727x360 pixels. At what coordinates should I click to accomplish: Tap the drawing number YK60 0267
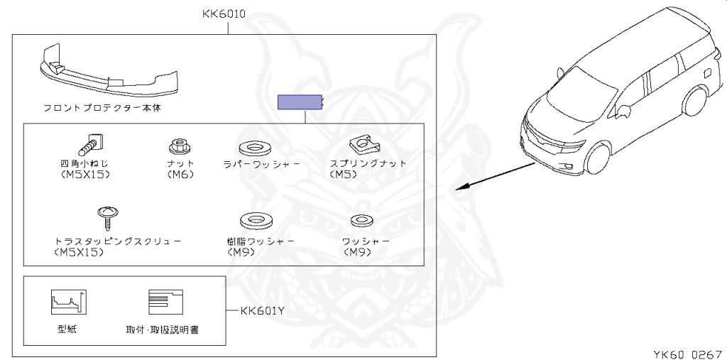point(687,353)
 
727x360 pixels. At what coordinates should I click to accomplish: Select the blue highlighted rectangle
point(300,103)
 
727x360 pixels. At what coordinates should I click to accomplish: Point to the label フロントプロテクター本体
point(106,109)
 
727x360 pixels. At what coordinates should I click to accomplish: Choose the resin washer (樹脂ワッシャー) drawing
point(253,220)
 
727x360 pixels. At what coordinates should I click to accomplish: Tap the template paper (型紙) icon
point(68,302)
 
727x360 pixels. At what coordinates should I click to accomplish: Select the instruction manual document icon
point(165,302)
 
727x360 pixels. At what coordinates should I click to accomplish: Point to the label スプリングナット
point(368,163)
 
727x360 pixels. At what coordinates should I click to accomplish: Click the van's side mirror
point(625,110)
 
